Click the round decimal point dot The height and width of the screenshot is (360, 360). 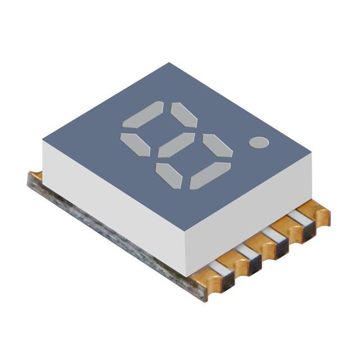pyautogui.click(x=259, y=142)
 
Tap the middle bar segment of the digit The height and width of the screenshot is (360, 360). pyautogui.click(x=176, y=145)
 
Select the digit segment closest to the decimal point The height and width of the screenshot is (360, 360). pyautogui.click(x=218, y=146)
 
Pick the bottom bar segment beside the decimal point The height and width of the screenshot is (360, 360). pyautogui.click(x=210, y=175)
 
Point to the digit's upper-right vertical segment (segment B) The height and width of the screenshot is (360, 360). pyautogui.click(x=184, y=115)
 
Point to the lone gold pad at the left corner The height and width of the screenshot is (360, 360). pyautogui.click(x=34, y=175)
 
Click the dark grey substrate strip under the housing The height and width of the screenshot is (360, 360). pyautogui.click(x=112, y=236)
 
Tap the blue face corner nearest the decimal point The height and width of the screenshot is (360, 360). pyautogui.click(x=310, y=151)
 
